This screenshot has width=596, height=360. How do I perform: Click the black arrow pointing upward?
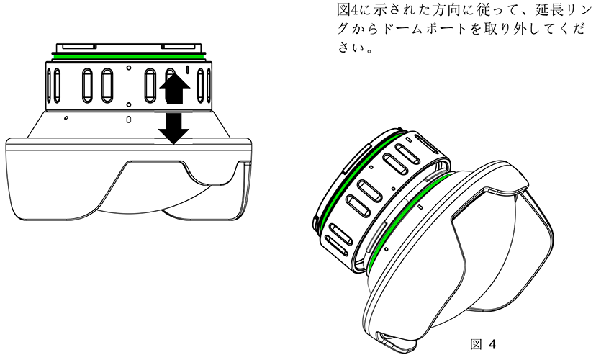click(x=174, y=89)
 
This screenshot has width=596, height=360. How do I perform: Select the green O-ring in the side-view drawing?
click(x=128, y=57)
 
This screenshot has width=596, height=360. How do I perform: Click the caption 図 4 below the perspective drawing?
click(x=483, y=345)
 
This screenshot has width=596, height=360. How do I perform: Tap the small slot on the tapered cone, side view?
click(x=128, y=120)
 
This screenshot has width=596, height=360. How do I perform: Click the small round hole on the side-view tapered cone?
click(x=66, y=118)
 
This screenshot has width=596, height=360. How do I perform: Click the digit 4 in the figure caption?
click(x=492, y=345)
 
